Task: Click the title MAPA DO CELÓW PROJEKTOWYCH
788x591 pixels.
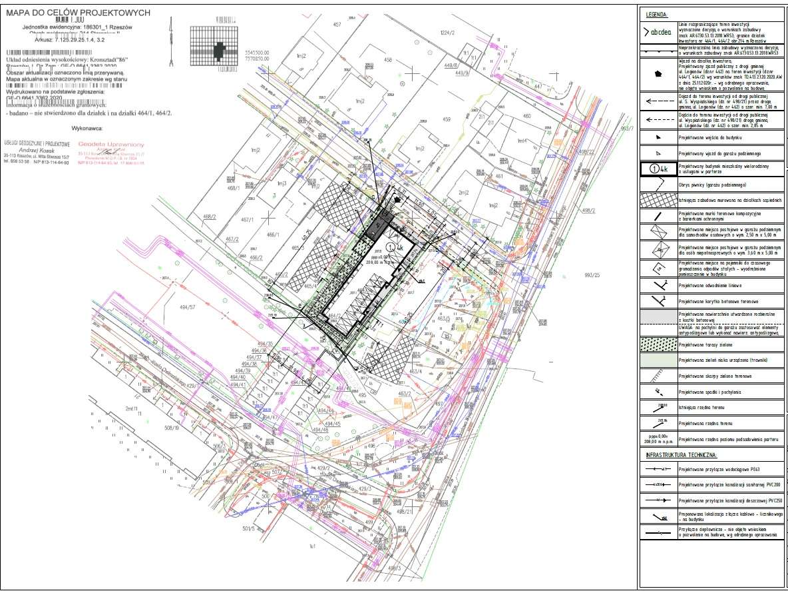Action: click(78, 13)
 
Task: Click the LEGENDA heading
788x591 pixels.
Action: click(657, 15)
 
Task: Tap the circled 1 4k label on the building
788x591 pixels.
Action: click(394, 246)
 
